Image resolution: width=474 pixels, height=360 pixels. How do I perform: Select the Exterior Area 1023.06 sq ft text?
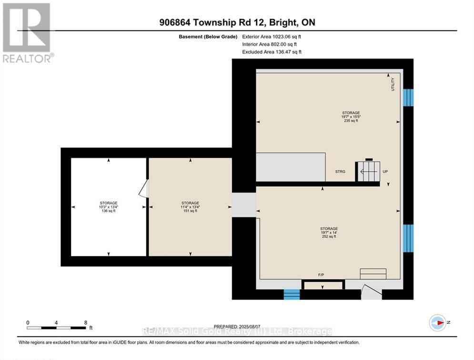(x=272, y=37)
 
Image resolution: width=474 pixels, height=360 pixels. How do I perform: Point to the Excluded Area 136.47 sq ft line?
(x=272, y=51)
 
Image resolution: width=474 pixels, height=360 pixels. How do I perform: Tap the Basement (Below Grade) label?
(x=208, y=37)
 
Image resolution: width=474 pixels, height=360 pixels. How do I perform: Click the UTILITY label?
(x=393, y=84)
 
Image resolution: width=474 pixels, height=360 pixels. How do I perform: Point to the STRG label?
(x=340, y=172)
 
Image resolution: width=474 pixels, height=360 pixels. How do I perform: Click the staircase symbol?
(x=368, y=171)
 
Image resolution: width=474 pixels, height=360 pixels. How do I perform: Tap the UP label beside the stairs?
(x=385, y=172)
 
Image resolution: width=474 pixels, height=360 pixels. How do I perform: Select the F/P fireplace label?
(x=321, y=275)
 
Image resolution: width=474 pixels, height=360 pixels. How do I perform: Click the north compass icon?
(x=437, y=323)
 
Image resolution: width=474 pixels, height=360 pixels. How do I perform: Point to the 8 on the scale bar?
(x=86, y=322)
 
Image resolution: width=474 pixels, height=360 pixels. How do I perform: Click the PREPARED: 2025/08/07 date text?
(x=237, y=327)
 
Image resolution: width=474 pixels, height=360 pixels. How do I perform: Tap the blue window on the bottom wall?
(x=292, y=294)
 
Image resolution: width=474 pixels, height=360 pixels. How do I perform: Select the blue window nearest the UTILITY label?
(x=408, y=97)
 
